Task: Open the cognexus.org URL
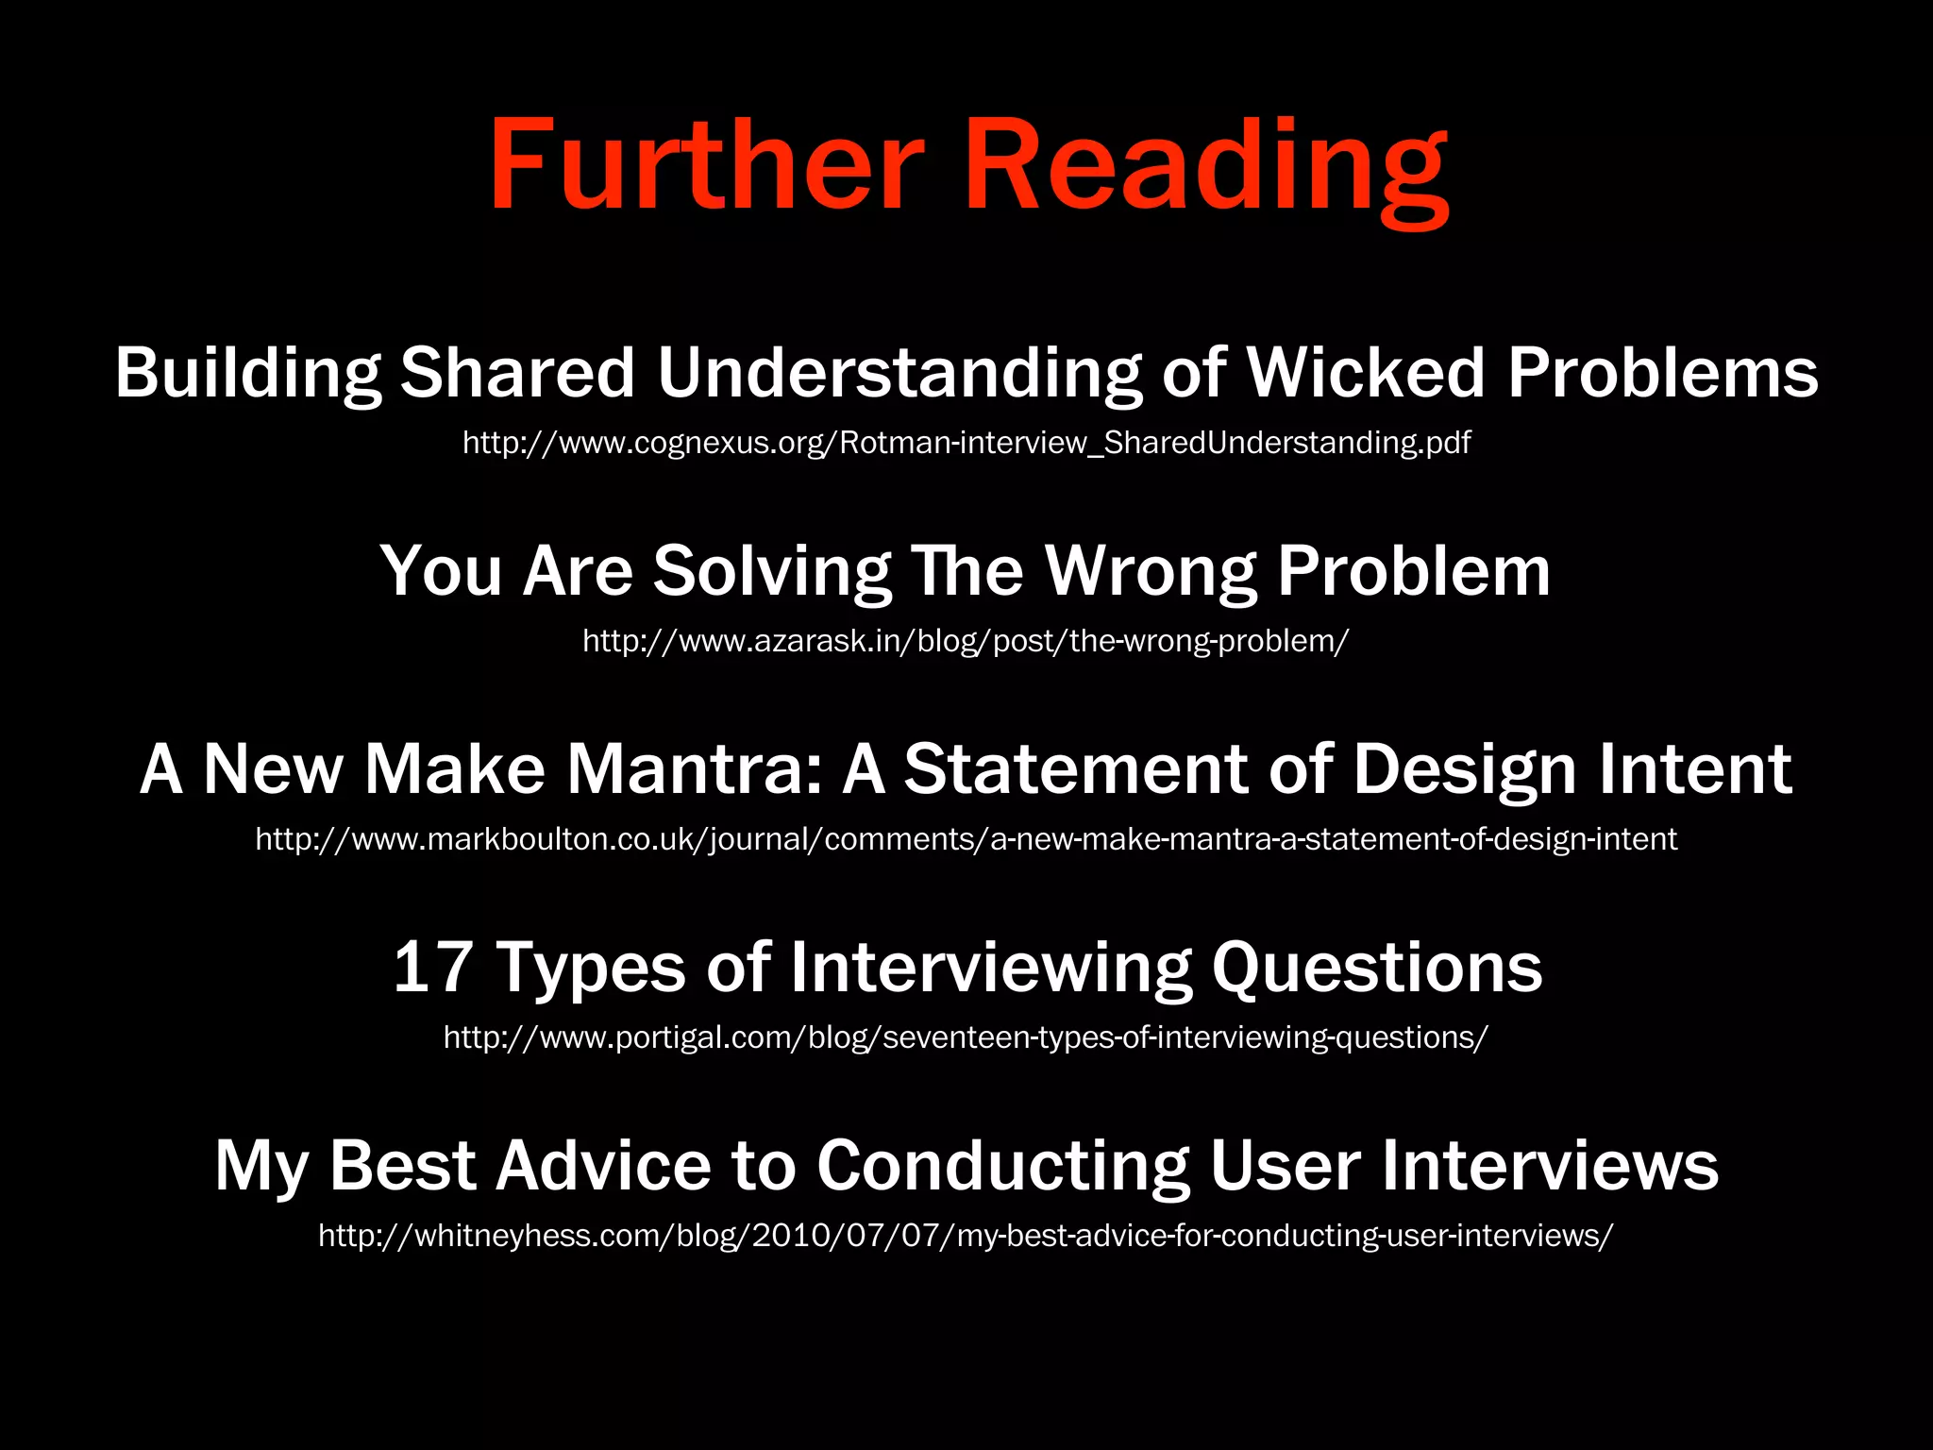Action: pyautogui.click(x=966, y=443)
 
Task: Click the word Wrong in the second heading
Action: pyautogui.click(x=1151, y=571)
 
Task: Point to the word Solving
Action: pyautogui.click(x=771, y=571)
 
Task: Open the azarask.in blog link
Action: pyautogui.click(x=966, y=641)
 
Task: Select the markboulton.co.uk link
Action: pyautogui.click(x=966, y=839)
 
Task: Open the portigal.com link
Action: pyautogui.click(x=966, y=1037)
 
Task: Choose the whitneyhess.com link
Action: pyautogui.click(x=966, y=1236)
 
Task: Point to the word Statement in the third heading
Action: pyautogui.click(x=1076, y=769)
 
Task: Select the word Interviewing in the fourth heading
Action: pyautogui.click(x=991, y=968)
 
